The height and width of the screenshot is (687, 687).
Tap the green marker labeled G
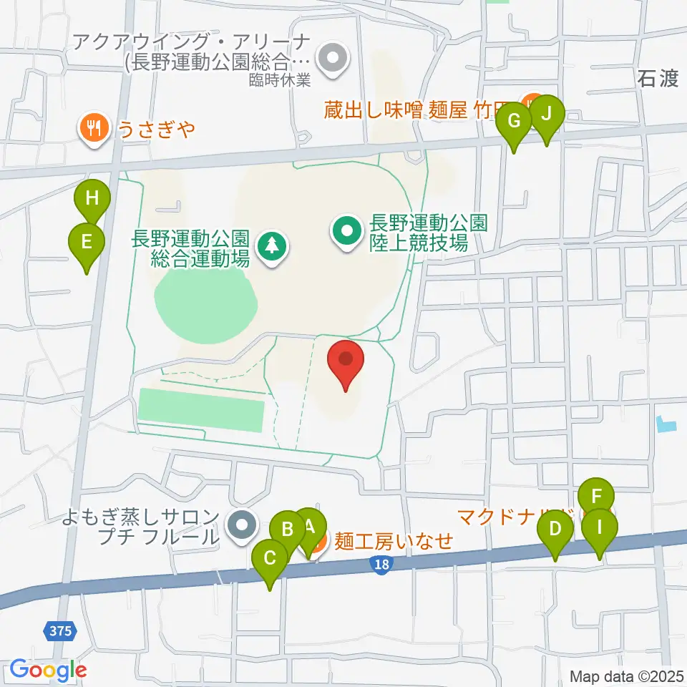click(x=514, y=122)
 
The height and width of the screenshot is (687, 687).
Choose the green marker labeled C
click(x=270, y=559)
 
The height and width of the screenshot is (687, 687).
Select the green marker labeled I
click(x=598, y=530)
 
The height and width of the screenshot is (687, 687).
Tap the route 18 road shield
click(x=381, y=565)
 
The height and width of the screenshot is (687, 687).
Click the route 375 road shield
click(x=62, y=630)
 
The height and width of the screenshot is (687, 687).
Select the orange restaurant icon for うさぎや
click(x=94, y=130)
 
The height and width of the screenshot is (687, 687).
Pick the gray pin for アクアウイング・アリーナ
click(x=331, y=60)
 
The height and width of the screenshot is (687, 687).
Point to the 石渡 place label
click(x=657, y=79)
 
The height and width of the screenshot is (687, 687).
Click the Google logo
click(x=48, y=671)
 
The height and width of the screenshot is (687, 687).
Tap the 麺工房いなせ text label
click(x=394, y=541)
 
